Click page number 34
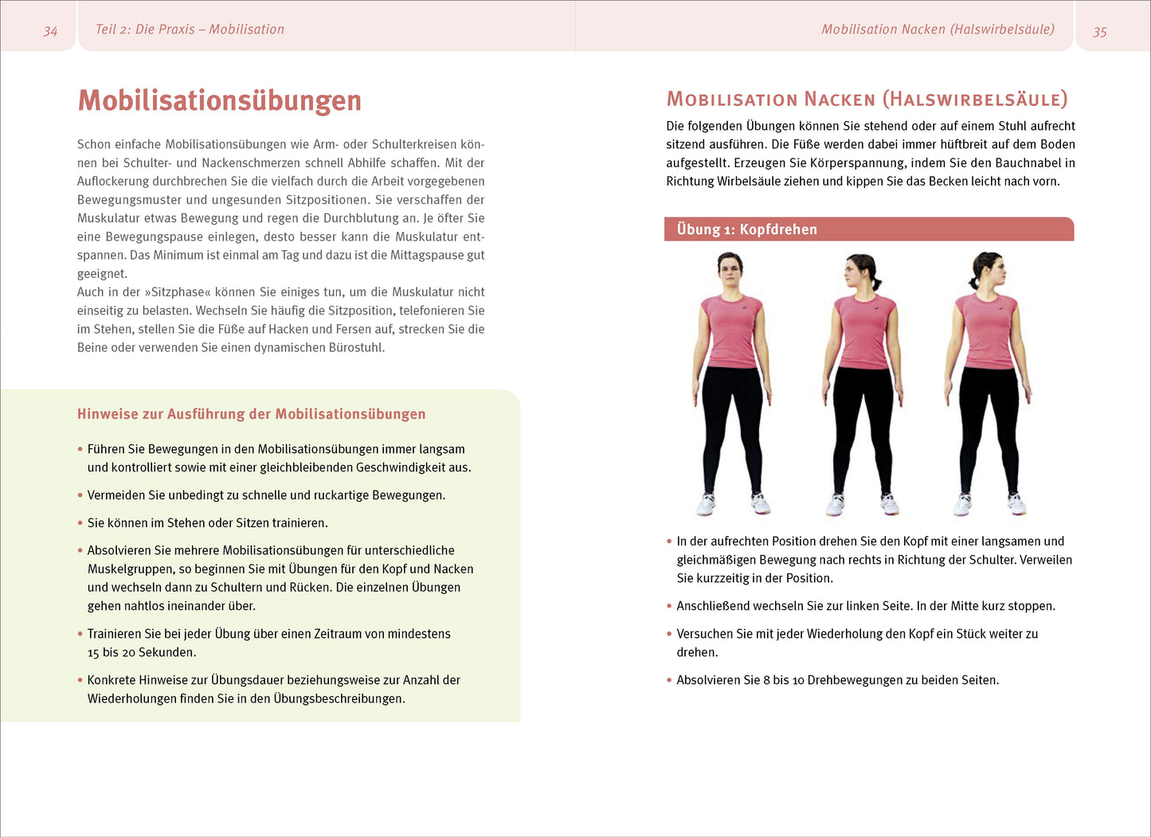50,31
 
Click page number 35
1099,32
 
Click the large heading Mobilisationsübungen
219,100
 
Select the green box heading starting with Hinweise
251,414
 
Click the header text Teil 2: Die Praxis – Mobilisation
190,29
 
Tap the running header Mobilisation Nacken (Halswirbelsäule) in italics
938,29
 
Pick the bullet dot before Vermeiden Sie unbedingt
80,495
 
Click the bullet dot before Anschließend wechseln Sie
669,606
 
